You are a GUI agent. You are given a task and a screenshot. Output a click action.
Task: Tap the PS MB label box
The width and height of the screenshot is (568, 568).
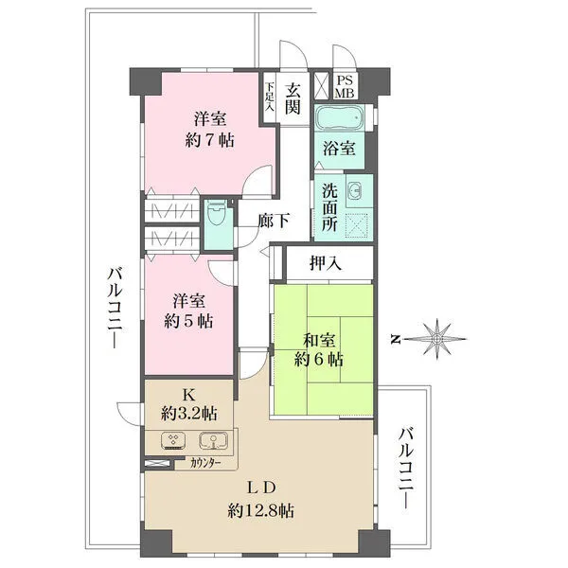tap(345, 86)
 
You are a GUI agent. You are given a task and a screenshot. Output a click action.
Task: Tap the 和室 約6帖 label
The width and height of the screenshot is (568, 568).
tap(319, 349)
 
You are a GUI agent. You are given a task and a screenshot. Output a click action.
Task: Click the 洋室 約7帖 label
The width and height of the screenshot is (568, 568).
tap(210, 129)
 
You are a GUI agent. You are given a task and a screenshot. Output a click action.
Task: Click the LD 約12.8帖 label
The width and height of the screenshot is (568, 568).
tap(261, 500)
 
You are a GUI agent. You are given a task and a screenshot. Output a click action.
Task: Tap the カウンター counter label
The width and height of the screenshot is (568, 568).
tap(206, 464)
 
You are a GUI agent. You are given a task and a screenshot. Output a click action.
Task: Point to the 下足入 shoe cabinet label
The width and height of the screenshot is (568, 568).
tap(270, 97)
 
